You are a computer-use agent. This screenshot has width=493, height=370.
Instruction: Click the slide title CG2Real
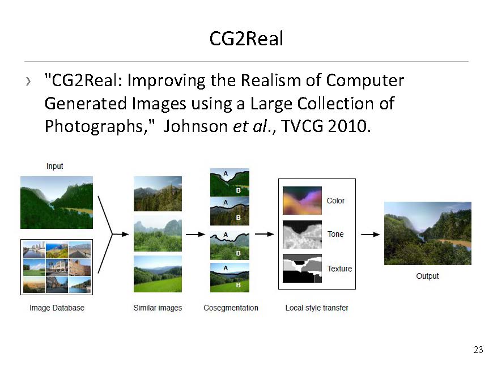click(x=246, y=39)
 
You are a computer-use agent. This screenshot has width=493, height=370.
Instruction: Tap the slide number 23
click(x=478, y=350)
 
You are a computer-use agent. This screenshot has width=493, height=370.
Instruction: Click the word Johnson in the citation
click(x=195, y=126)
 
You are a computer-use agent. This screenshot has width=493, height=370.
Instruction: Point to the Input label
click(x=55, y=166)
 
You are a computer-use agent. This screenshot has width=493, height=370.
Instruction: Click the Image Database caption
click(x=57, y=308)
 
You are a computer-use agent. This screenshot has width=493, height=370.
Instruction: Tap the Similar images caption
click(x=158, y=308)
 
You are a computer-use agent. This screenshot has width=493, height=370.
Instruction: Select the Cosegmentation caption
click(x=231, y=308)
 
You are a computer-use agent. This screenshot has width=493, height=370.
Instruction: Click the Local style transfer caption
click(x=317, y=308)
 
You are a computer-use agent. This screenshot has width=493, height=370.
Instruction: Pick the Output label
click(x=427, y=276)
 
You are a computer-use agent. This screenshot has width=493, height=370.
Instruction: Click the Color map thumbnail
click(x=302, y=201)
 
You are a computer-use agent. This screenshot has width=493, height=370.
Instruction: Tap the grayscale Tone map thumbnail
click(x=302, y=235)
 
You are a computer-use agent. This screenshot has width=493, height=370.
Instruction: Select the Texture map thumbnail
click(x=302, y=269)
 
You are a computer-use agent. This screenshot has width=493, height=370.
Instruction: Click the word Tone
click(x=335, y=234)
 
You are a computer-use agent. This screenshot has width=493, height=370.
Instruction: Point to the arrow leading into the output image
click(x=371, y=234)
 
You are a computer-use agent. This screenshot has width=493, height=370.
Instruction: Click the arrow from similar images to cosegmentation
click(x=195, y=234)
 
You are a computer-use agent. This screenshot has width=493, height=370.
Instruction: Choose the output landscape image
click(x=428, y=233)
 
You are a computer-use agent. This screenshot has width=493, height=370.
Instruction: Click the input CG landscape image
click(x=57, y=202)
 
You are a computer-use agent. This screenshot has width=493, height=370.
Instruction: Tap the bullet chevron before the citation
click(x=28, y=81)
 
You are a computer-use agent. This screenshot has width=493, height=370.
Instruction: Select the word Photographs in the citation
click(x=94, y=127)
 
